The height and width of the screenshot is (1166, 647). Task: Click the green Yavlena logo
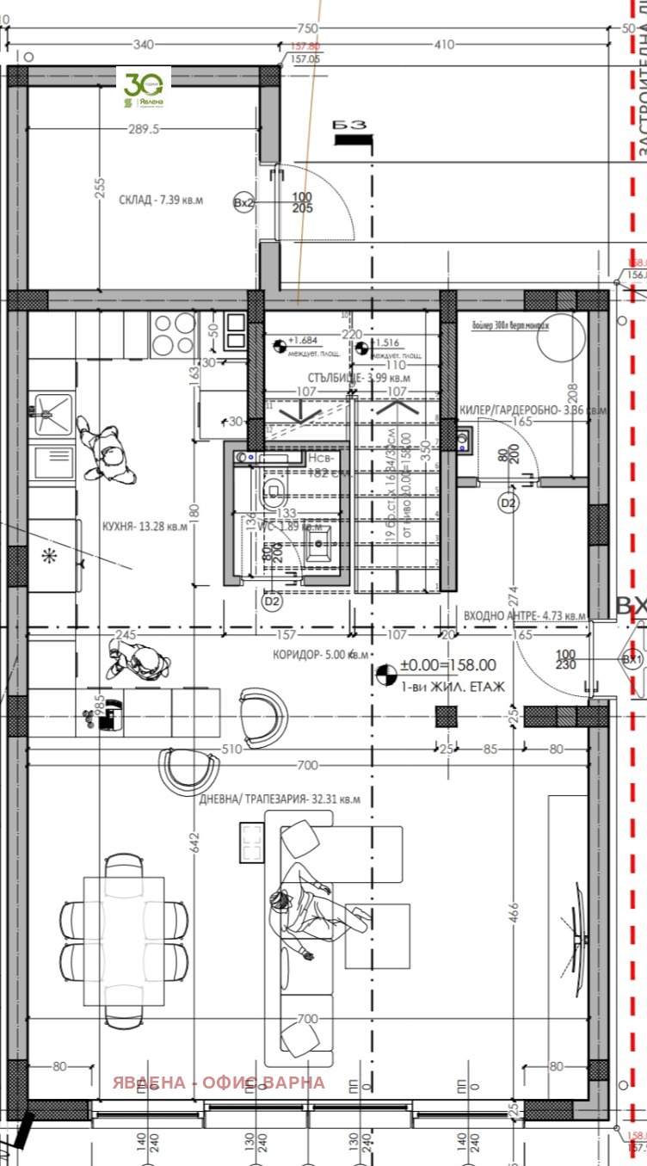coord(144,89)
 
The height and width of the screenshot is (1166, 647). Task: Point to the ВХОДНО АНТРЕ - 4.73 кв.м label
coord(524,616)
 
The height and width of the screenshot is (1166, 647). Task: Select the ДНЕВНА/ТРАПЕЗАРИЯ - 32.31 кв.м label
coord(280,798)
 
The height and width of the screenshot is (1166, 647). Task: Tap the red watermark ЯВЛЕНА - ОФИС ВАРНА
coord(219,1083)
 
